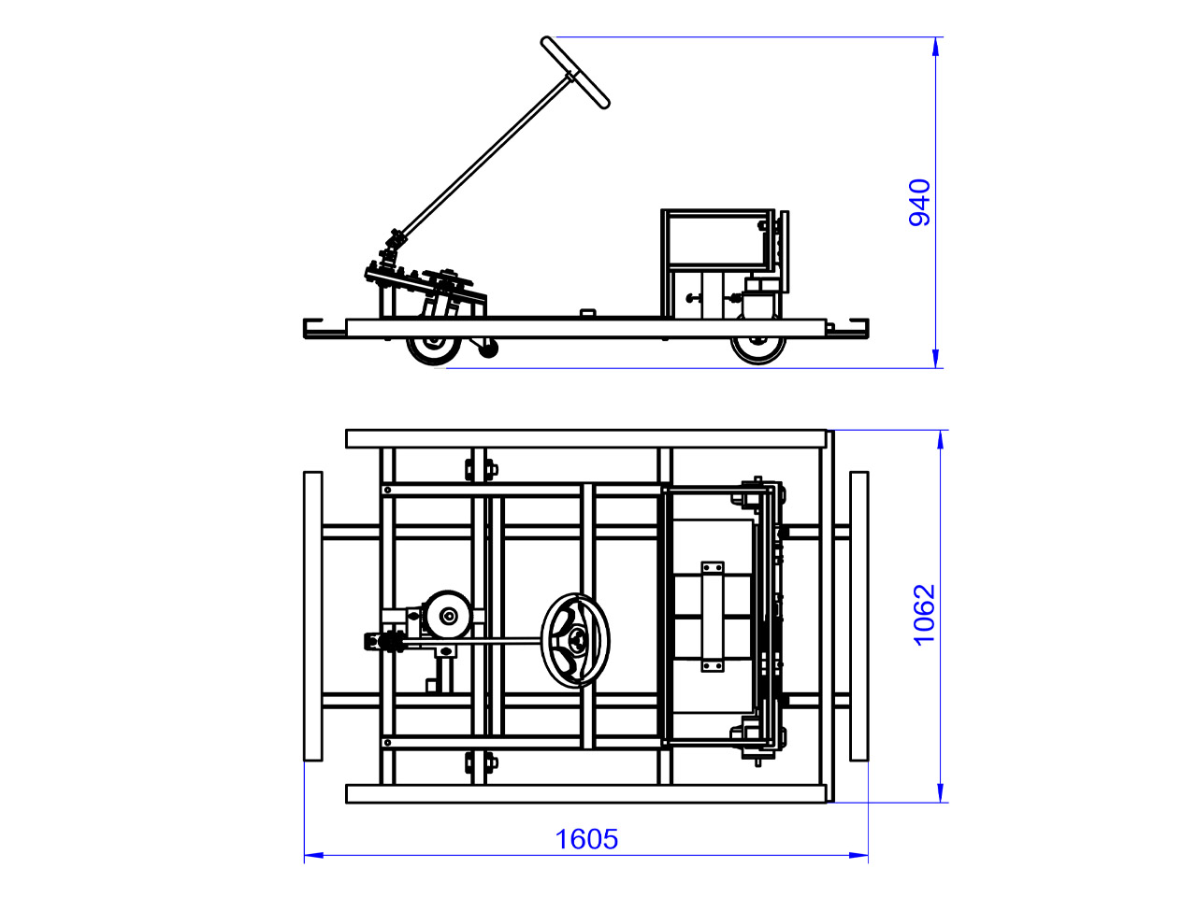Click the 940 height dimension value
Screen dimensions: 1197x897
[x=919, y=202]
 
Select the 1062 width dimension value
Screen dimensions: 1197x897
[x=924, y=615]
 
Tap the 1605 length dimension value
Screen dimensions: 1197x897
[x=586, y=839]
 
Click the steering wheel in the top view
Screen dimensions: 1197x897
[x=575, y=640]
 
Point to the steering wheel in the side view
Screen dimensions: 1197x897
[x=575, y=73]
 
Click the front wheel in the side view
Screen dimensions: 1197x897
[x=434, y=349]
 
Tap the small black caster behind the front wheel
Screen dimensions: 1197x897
[x=488, y=349]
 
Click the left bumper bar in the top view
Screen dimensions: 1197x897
[x=313, y=616]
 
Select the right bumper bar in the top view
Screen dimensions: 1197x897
[x=858, y=616]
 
